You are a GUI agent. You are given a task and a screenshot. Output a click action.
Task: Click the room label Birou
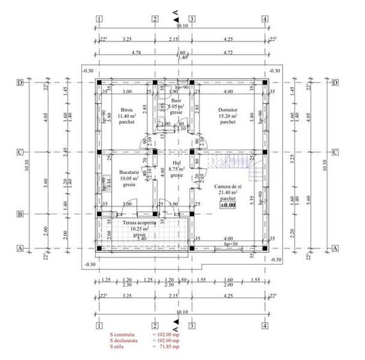(125, 109)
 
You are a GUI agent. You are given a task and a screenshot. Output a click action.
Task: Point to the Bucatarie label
(129, 173)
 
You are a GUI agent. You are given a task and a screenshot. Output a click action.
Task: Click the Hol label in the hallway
(177, 162)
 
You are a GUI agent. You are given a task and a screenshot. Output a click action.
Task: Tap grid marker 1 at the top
(99, 19)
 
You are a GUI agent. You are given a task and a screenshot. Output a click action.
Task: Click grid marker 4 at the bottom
(265, 325)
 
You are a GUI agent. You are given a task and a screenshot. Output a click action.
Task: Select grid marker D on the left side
(20, 82)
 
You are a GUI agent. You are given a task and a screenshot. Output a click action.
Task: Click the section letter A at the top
(176, 11)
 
